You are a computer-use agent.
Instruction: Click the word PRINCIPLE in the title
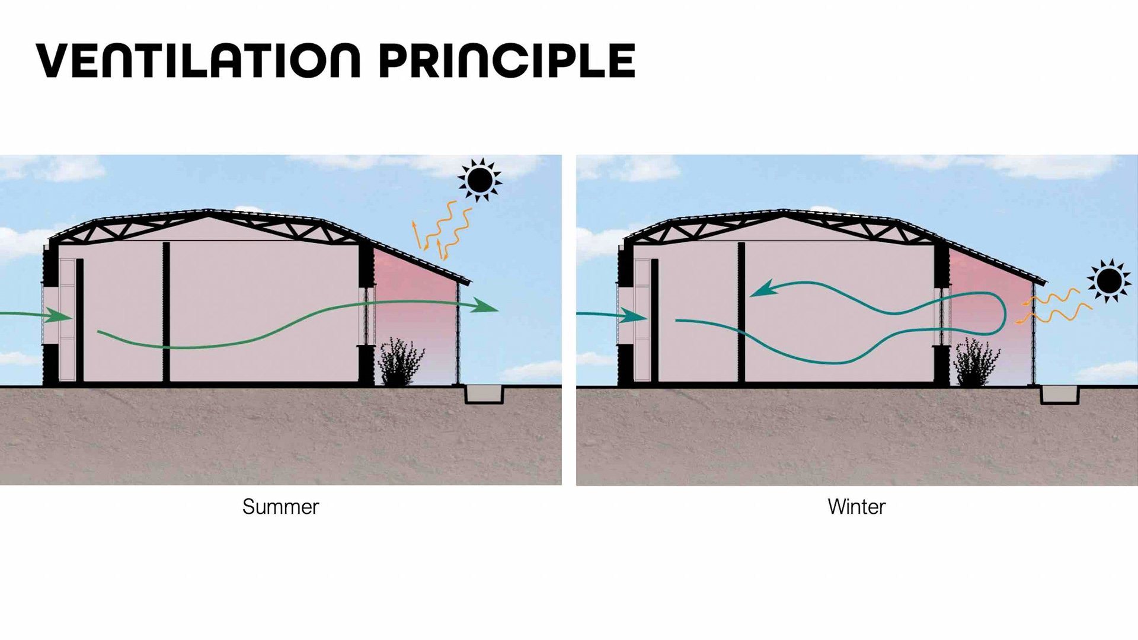tap(507, 60)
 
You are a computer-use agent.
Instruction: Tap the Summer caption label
tap(280, 507)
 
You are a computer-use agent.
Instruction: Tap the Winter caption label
tap(856, 507)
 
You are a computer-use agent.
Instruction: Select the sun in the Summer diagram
tap(480, 179)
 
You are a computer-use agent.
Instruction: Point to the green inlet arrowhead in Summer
tap(59, 316)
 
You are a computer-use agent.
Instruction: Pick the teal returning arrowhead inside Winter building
tap(763, 289)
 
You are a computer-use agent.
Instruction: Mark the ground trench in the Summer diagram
tap(484, 394)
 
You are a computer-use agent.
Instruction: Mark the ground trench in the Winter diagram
tap(1060, 395)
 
